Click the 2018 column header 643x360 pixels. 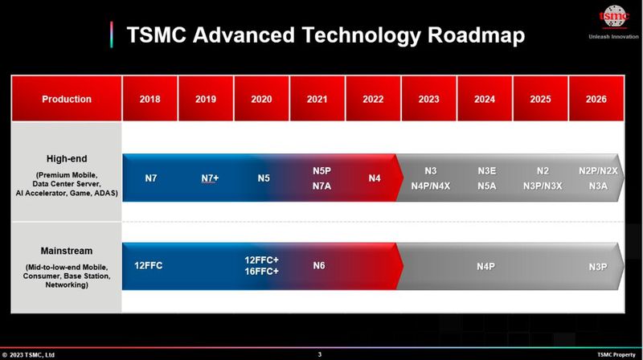(149, 99)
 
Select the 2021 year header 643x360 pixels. (317, 99)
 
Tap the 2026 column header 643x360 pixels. (596, 99)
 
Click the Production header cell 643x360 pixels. (66, 99)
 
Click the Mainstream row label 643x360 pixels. (66, 251)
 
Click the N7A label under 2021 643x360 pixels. (321, 186)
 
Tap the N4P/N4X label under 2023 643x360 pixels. (430, 186)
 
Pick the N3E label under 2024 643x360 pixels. (486, 170)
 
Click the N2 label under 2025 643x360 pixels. (542, 170)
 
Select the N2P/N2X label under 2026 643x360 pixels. (598, 170)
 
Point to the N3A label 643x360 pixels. (598, 186)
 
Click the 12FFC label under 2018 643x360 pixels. (149, 264)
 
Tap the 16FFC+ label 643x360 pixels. (262, 272)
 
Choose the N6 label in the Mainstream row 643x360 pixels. (318, 264)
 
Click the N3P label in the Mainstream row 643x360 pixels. (597, 264)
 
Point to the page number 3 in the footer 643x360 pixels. (319, 354)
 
